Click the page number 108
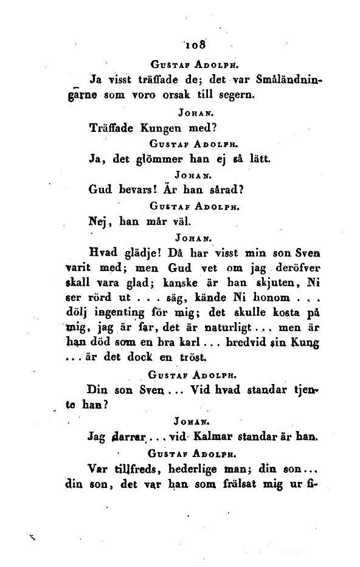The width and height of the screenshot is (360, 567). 198,44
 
